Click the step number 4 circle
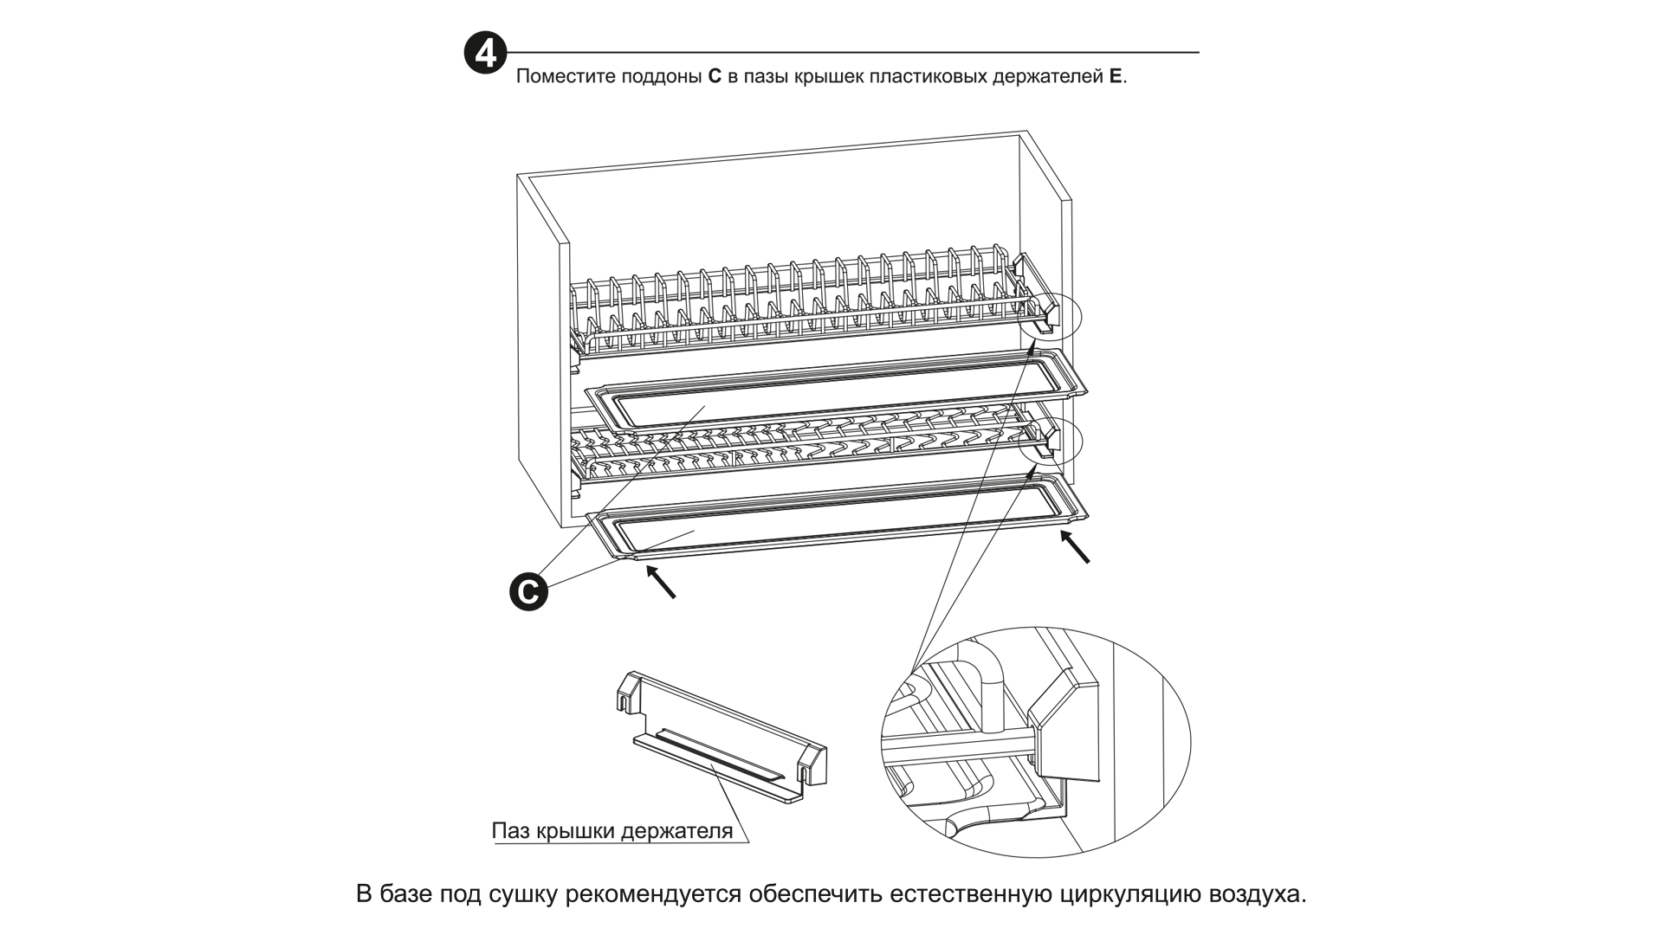point(485,54)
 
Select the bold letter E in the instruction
point(1116,76)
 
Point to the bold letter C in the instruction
point(715,76)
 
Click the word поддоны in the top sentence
point(661,76)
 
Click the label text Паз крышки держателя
point(611,831)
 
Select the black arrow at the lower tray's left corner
point(661,581)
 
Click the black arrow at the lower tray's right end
point(1076,546)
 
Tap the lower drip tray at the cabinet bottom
point(831,524)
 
